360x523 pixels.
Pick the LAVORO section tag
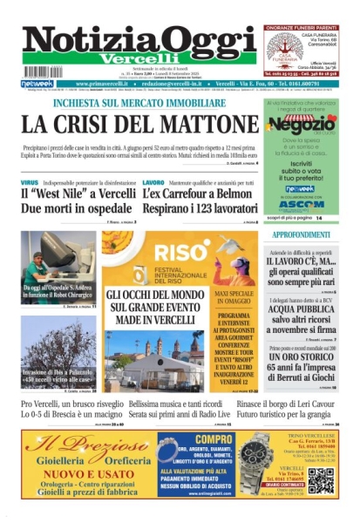153,182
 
